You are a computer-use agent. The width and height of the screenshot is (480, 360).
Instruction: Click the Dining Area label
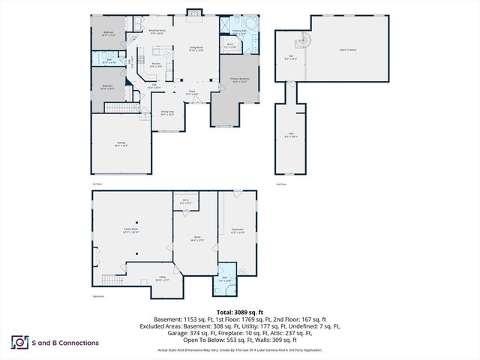[x=167, y=113]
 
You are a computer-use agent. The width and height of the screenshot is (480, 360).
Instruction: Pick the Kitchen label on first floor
[x=157, y=64]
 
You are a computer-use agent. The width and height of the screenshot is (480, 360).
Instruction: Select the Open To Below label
[x=348, y=50]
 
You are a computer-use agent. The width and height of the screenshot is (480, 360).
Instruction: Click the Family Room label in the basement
[x=132, y=230]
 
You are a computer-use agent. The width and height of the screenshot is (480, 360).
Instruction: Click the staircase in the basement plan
[x=111, y=280]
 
